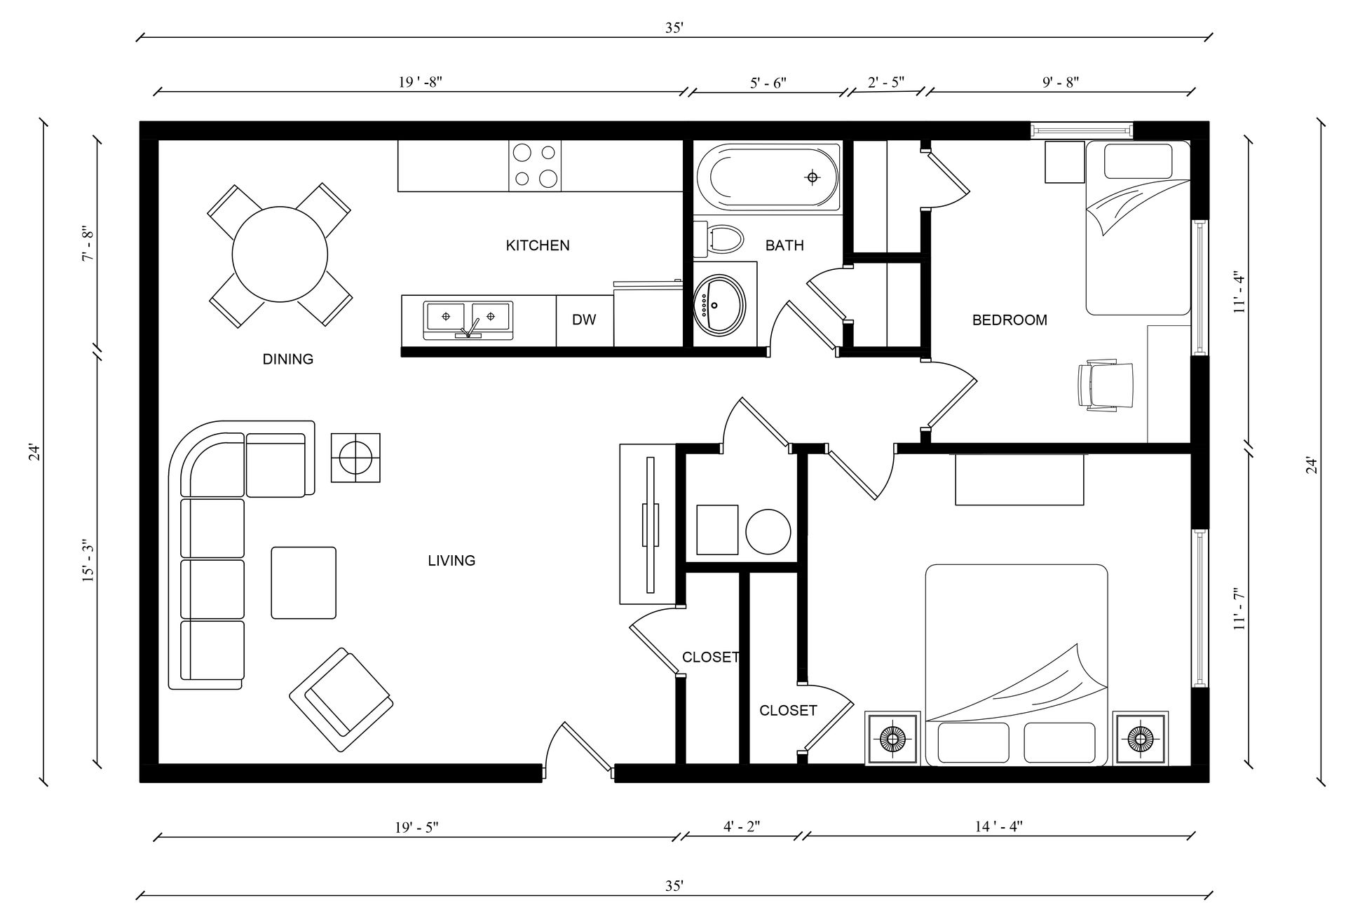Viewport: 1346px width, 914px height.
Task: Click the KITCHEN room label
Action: pyautogui.click(x=538, y=245)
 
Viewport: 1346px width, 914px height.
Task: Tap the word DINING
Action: pyautogui.click(x=287, y=359)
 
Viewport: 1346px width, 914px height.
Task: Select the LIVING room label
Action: pyautogui.click(x=451, y=560)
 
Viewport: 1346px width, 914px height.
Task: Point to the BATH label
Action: pyautogui.click(x=784, y=245)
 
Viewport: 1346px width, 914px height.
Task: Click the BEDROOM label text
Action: pyautogui.click(x=1009, y=320)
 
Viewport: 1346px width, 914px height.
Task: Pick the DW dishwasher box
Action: pyautogui.click(x=585, y=320)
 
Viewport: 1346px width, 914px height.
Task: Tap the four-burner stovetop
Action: pyautogui.click(x=535, y=165)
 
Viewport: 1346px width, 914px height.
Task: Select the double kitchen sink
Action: pyautogui.click(x=468, y=320)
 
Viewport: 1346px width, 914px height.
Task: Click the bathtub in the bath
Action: pyautogui.click(x=768, y=177)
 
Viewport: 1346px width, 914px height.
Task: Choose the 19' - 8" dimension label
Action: pyautogui.click(x=420, y=81)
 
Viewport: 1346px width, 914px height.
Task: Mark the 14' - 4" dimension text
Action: pyautogui.click(x=999, y=826)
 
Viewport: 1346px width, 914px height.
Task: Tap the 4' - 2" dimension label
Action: pyautogui.click(x=742, y=826)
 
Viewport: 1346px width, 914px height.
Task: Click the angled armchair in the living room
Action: pyautogui.click(x=341, y=700)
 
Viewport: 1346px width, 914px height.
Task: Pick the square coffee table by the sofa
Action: pyautogui.click(x=304, y=582)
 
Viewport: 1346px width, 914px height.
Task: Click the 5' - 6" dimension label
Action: pyautogui.click(x=768, y=81)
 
